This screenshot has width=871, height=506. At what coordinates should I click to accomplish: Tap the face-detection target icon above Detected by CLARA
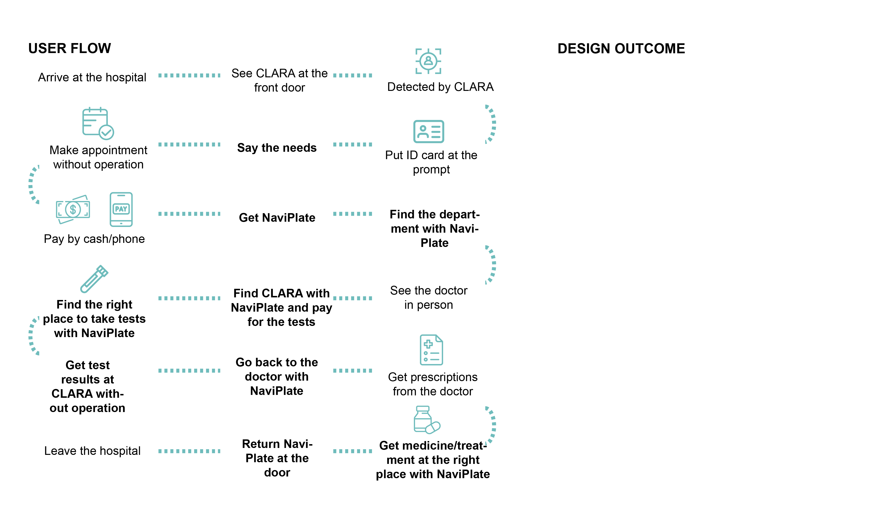click(428, 61)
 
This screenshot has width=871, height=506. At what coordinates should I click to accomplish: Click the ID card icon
click(429, 132)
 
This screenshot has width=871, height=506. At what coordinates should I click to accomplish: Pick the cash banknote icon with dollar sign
click(73, 209)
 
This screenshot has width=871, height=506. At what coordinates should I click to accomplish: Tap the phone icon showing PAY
click(121, 209)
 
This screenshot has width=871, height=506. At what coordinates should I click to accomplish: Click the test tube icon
click(94, 279)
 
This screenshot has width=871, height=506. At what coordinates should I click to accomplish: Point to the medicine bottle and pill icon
click(426, 420)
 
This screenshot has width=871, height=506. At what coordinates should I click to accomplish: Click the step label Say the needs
click(277, 148)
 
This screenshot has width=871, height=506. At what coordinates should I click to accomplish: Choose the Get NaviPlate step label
click(277, 218)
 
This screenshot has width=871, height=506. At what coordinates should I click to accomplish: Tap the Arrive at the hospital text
click(92, 77)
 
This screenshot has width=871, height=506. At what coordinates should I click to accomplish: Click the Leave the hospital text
click(92, 451)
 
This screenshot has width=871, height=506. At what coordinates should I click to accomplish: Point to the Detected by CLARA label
click(440, 87)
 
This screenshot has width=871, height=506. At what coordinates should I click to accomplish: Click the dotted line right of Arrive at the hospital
click(189, 75)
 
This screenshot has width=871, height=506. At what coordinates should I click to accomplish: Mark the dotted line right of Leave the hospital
click(189, 451)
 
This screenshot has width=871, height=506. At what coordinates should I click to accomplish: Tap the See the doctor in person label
click(429, 298)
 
